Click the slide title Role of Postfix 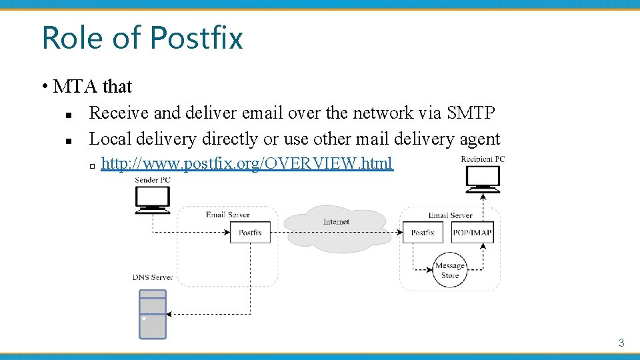142,37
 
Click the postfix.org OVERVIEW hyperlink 247,163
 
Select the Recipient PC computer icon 483,179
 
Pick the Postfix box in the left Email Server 250,233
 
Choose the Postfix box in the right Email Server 423,233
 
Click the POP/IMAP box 472,233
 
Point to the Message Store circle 450,270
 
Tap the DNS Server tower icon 152,315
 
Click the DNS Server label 153,277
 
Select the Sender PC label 153,180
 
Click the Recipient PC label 483,159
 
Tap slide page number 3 621,343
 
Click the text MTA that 93,87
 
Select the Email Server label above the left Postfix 227,215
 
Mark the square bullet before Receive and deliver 69,115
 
